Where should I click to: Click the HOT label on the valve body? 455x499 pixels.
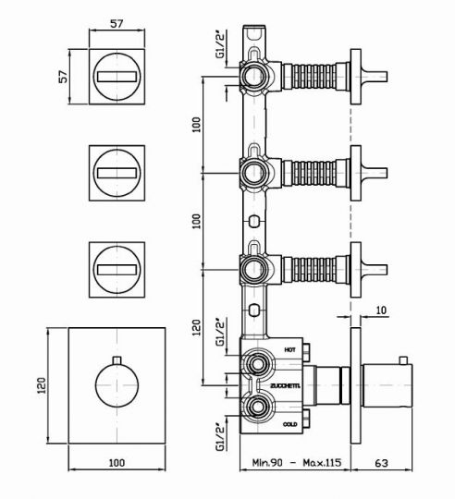[289, 349]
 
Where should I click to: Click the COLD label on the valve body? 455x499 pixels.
[290, 424]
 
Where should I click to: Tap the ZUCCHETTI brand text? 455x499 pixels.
[285, 386]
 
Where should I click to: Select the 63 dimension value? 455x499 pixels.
[381, 463]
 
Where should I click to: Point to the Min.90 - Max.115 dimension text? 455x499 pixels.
[297, 462]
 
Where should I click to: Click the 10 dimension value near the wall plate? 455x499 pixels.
[381, 310]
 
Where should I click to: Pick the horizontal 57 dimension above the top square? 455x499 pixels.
[117, 23]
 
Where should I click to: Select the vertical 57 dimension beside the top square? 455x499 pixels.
[64, 77]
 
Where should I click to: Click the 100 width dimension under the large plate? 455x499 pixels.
[117, 462]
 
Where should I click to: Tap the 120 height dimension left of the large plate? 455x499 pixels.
[42, 385]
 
